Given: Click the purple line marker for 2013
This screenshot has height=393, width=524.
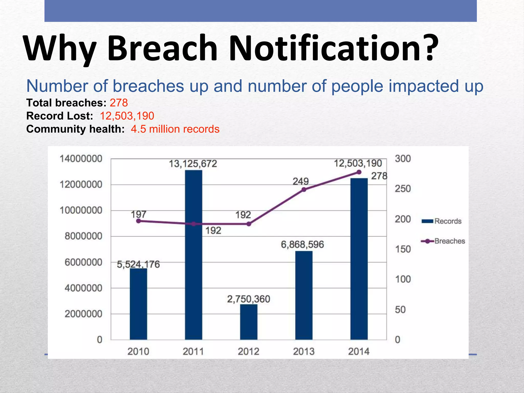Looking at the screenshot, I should coord(304,190).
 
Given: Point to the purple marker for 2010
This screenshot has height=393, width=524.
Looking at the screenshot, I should coord(138,221).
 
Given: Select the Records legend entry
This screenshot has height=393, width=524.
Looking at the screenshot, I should coord(442,221).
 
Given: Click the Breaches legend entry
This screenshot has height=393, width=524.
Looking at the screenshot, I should coord(443,241).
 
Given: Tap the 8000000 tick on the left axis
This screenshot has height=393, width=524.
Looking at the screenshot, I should coord(83,236).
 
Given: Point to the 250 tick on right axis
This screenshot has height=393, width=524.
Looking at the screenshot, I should coord(402,189).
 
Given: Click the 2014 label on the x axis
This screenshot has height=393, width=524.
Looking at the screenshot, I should coord(359,351).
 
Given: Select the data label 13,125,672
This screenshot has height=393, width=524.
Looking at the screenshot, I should coord(193,164).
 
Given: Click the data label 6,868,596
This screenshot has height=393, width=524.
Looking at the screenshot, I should coord(302,245).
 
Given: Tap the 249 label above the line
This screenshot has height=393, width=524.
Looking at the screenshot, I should coord(301,181).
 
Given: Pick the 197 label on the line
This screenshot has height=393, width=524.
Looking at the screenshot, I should coord(138,214).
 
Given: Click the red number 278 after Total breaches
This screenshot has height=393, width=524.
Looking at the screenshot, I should coord(119,103).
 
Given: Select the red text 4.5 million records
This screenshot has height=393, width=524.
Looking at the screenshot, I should coord(175,129).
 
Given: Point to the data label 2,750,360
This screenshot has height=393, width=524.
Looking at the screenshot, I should coord(248,299).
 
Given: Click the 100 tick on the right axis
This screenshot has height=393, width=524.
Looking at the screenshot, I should coord(403,279).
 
